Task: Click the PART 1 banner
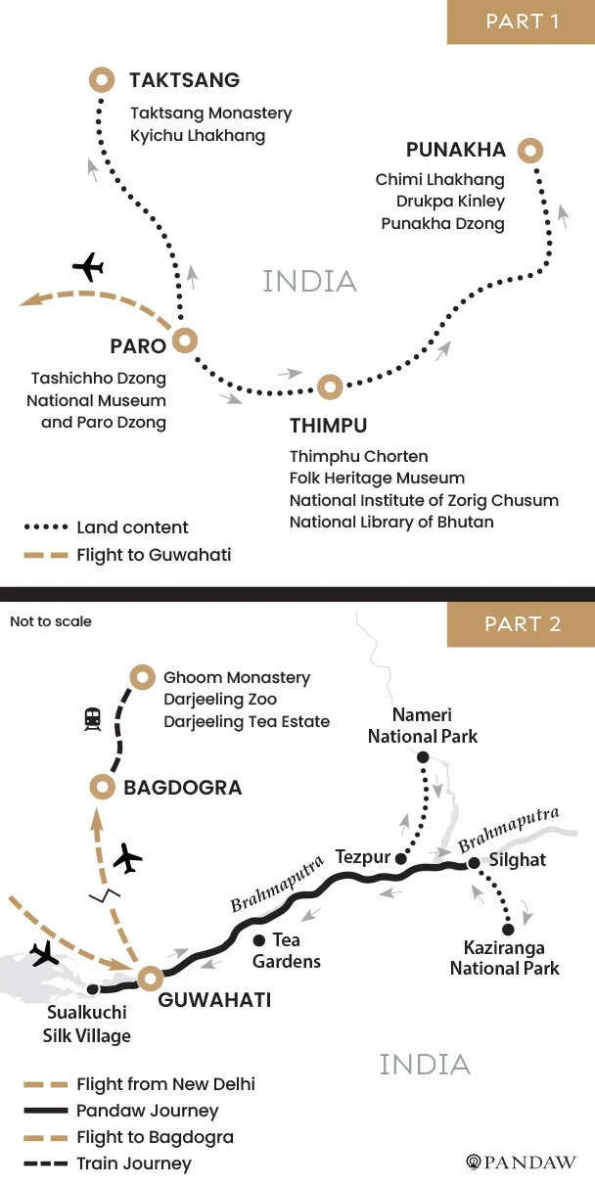(x=522, y=22)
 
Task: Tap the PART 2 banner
(x=522, y=624)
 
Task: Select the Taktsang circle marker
(x=101, y=79)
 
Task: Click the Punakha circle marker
(x=530, y=151)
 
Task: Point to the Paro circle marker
(x=184, y=341)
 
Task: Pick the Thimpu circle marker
(x=329, y=386)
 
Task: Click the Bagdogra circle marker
(x=102, y=786)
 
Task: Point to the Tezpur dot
(x=399, y=859)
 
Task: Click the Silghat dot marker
(x=474, y=863)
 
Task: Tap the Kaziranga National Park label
(x=505, y=958)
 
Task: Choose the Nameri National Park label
(x=423, y=725)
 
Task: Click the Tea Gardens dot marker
(x=258, y=939)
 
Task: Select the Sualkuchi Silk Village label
(x=89, y=1026)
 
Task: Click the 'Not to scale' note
(x=50, y=621)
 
